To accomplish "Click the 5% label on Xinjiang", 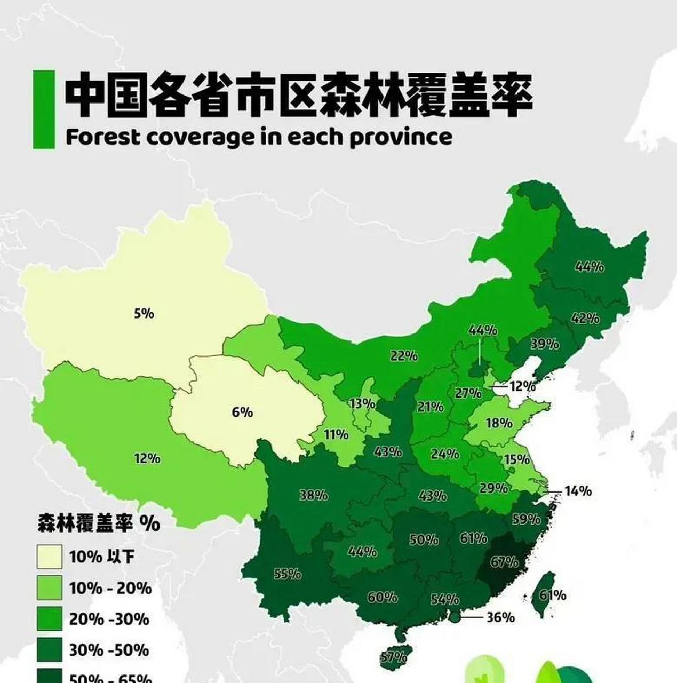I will [x=144, y=313].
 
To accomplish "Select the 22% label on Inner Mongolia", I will [x=403, y=355].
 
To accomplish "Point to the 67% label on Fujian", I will [x=504, y=562].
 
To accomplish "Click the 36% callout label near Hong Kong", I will [x=500, y=617].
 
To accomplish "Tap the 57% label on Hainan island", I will [x=394, y=657].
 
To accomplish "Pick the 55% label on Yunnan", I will [x=288, y=574].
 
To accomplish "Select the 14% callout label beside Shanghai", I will [x=577, y=491].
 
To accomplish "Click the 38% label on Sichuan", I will [x=313, y=495].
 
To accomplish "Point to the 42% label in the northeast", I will [x=585, y=319].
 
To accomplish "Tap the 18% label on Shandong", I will [x=499, y=423].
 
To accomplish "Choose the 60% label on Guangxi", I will [x=382, y=597].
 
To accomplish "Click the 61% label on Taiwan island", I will [x=552, y=595].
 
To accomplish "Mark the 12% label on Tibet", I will [x=147, y=458].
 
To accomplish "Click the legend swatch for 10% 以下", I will [x=49, y=557].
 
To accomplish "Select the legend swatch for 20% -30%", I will [x=49, y=620].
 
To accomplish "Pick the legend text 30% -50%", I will [x=109, y=650].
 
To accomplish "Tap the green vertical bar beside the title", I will [x=44, y=109].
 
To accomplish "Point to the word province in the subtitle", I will [x=401, y=138].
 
